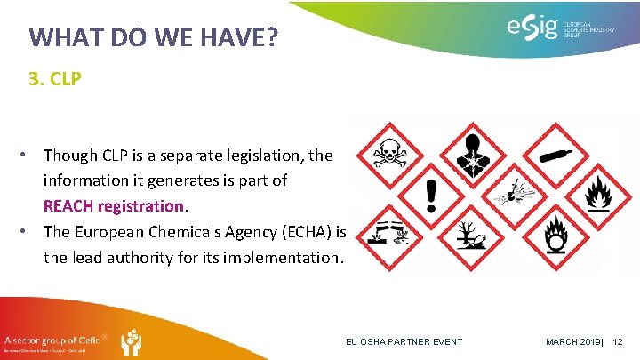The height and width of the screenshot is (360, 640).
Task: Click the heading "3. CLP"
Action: click(55, 79)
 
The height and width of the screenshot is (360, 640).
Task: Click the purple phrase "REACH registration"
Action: click(114, 205)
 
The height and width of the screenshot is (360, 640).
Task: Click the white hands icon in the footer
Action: click(130, 341)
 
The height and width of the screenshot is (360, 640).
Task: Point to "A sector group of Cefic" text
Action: click(51, 339)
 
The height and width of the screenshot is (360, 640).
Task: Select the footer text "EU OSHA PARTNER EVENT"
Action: click(404, 342)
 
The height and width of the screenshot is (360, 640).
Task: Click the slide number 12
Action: click(619, 342)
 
